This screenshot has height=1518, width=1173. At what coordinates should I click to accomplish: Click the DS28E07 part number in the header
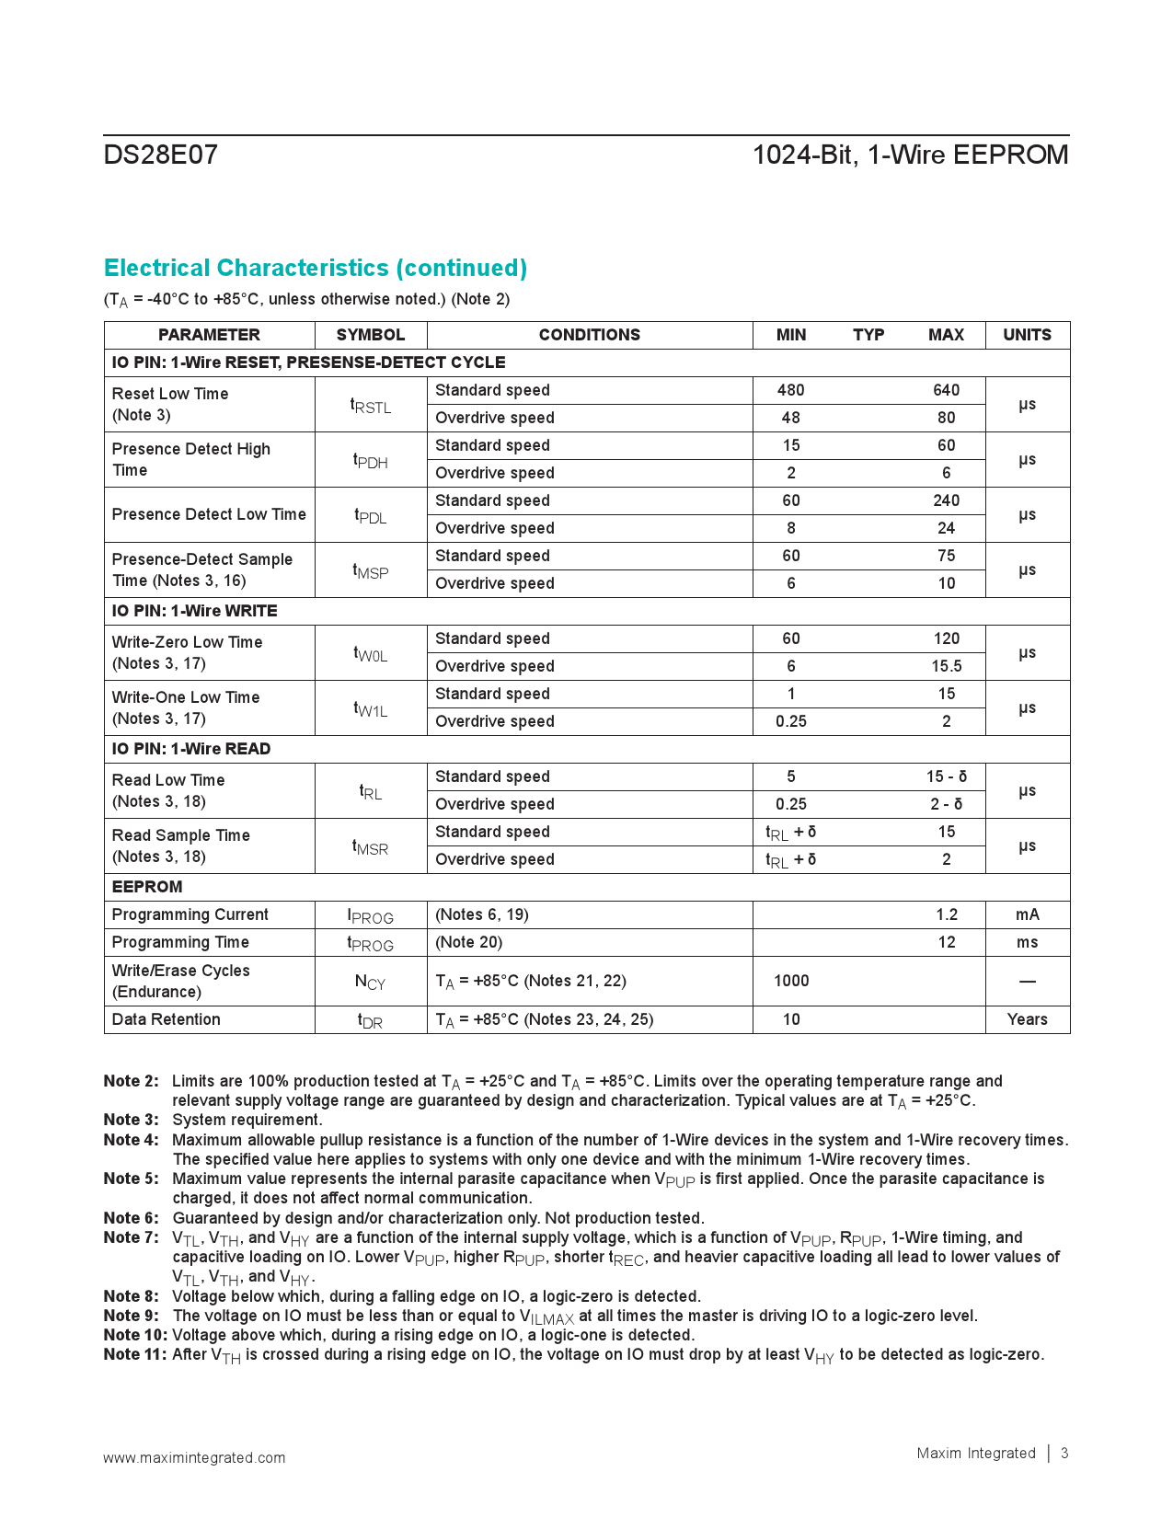pos(161,155)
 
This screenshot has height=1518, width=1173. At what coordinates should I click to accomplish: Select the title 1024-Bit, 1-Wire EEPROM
pos(910,155)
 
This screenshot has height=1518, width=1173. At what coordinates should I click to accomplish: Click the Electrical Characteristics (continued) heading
pos(316,268)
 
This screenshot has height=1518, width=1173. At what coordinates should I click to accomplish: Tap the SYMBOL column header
pos(370,335)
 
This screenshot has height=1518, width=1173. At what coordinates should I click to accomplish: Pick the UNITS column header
pos(1027,335)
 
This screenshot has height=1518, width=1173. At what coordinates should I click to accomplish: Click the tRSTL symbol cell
pos(371,405)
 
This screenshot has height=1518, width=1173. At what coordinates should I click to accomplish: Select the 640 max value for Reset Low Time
pos(946,390)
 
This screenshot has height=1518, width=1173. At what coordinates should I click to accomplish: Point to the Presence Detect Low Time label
pos(209,514)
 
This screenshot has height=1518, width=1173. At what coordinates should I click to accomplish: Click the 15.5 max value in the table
pos(946,666)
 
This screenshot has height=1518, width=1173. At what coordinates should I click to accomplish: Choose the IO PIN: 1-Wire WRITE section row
pos(194,611)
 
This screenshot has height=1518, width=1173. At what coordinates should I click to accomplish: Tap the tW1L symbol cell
pos(371,708)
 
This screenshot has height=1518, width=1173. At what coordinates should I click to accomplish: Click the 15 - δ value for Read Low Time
pos(946,776)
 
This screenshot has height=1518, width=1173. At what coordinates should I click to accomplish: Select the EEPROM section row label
pos(147,887)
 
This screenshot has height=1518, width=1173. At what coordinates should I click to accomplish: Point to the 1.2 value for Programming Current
pos(947,914)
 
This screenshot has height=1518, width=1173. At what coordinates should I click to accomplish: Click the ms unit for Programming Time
pos(1027,942)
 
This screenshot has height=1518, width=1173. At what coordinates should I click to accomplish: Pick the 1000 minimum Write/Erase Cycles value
pos(791,981)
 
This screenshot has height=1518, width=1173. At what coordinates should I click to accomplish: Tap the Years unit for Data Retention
pos(1027,1019)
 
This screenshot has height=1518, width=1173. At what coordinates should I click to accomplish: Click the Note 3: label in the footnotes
pos(131,1120)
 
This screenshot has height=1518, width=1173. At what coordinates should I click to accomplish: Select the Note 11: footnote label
pos(135,1354)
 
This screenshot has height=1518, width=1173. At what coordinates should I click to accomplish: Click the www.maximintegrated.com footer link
pos(194,1457)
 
